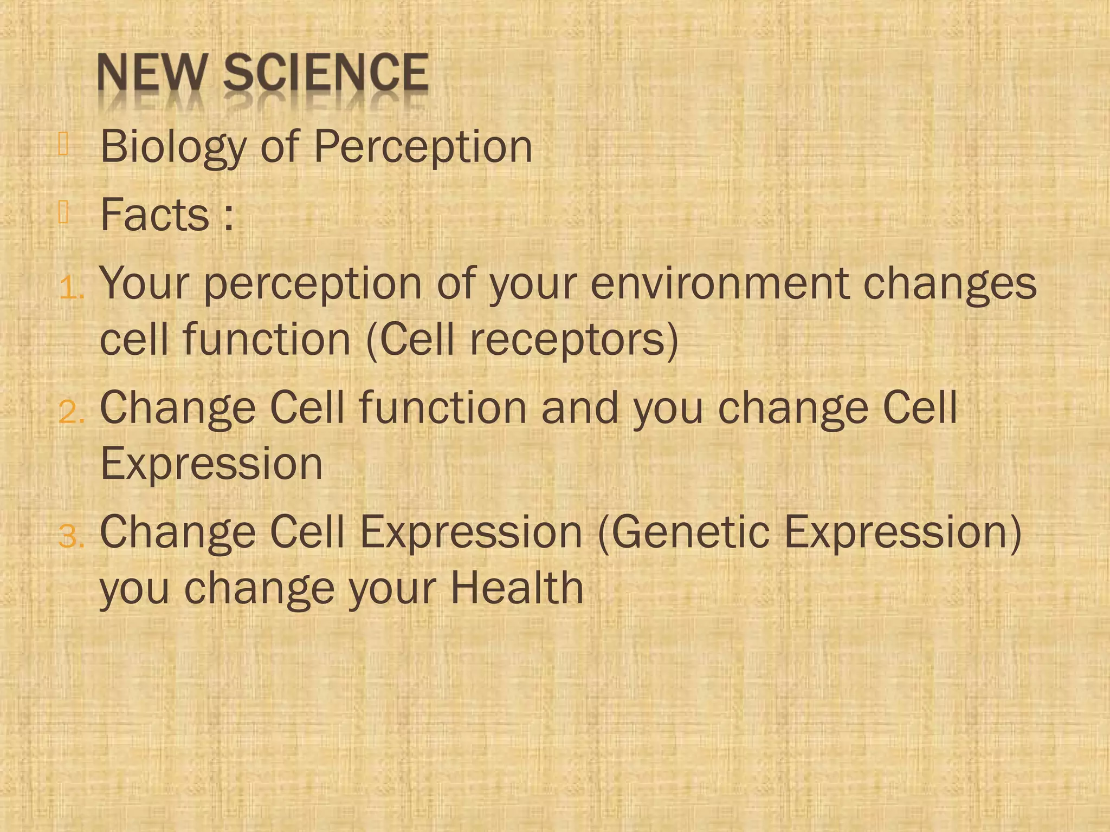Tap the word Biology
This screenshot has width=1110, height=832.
pyautogui.click(x=173, y=147)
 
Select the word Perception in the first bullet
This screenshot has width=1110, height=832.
pyautogui.click(x=423, y=147)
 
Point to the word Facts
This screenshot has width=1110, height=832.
pyautogui.click(x=155, y=215)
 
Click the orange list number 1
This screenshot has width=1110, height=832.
pyautogui.click(x=70, y=288)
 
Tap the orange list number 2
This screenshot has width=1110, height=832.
pyautogui.click(x=70, y=413)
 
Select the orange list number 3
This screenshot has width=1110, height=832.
pyautogui.click(x=70, y=537)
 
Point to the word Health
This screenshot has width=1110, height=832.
pyautogui.click(x=517, y=588)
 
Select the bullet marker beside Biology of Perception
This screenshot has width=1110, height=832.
pyautogui.click(x=63, y=144)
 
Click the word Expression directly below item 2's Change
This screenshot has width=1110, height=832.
pyautogui.click(x=211, y=464)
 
